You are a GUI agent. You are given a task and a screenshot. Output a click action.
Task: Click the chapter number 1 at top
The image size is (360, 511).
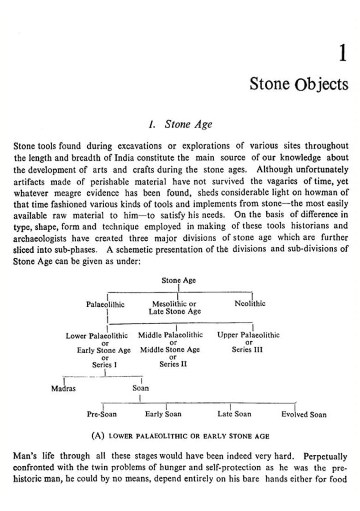tap(342, 54)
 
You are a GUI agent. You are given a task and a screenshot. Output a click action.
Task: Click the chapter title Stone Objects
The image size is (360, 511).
tap(299, 84)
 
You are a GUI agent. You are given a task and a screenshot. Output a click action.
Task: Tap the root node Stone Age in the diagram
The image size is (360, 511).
tap(179, 280)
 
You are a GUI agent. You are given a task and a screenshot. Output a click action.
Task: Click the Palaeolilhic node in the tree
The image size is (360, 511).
tap(105, 304)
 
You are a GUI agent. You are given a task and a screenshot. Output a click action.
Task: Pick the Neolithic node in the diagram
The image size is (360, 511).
tap(250, 304)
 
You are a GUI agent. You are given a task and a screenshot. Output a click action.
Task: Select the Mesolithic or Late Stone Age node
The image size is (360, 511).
tap(174, 308)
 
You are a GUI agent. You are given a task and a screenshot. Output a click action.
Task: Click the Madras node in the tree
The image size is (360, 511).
tap(63, 388)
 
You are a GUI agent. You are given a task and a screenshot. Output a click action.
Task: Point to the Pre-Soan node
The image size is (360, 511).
tap(102, 414)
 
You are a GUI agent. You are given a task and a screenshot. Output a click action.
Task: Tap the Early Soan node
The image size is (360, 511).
tap(163, 414)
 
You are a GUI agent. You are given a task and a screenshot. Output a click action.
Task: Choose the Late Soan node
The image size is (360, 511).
tap(234, 414)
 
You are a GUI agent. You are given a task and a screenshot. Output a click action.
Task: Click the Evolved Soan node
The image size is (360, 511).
tap(304, 415)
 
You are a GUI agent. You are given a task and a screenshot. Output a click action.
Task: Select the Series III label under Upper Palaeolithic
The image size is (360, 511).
tap(247, 350)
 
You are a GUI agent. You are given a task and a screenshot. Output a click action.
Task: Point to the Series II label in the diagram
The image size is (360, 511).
tap(173, 364)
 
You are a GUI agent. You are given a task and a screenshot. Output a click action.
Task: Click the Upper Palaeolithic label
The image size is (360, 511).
tap(248, 335)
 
